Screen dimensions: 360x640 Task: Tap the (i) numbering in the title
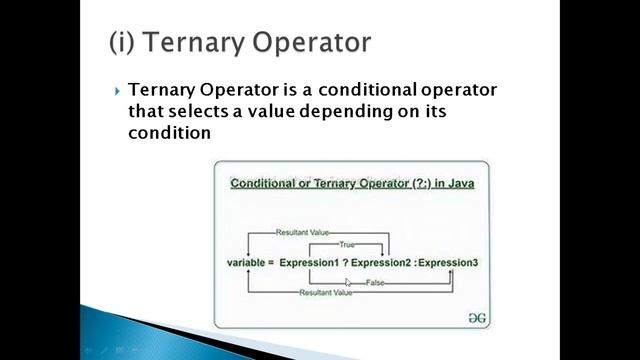(x=125, y=43)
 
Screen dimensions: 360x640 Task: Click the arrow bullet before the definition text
(x=118, y=91)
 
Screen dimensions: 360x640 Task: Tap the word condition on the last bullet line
(x=169, y=132)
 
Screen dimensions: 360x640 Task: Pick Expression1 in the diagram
(x=310, y=262)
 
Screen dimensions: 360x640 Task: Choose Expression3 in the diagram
(x=449, y=262)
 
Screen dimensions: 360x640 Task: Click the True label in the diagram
(x=347, y=243)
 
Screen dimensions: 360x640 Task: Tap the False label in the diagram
(x=375, y=283)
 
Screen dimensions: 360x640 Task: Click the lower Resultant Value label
(x=326, y=292)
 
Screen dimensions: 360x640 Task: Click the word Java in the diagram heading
(x=458, y=184)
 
